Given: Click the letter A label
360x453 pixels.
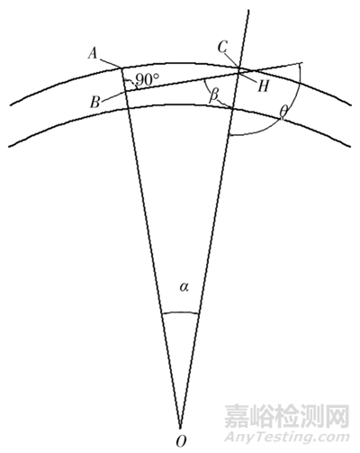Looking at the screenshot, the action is tap(93, 54).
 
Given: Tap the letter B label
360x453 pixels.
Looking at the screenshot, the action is tap(95, 102).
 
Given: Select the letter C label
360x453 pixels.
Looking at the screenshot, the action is tap(222, 47).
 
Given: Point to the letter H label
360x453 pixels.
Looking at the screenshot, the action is tap(263, 86).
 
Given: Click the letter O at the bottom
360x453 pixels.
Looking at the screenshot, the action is tap(181, 441).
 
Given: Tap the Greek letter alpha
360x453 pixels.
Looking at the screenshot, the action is tap(184, 287).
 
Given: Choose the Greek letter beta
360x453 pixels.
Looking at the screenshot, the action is tap(213, 96).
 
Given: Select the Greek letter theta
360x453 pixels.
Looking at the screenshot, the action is tap(283, 112).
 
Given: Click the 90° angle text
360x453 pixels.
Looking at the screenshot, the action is tap(148, 79).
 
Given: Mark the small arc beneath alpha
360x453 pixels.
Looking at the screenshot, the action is tap(180, 312).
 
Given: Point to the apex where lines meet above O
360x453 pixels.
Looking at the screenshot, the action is tap(180, 428).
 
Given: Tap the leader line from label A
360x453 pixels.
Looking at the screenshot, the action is tap(110, 63).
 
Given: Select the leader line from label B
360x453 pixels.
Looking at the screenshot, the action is tap(112, 96).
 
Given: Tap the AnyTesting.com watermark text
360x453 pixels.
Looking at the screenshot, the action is tap(287, 437).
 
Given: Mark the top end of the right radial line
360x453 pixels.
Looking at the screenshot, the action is tap(248, 10).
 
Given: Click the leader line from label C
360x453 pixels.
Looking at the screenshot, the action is tap(232, 60).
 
